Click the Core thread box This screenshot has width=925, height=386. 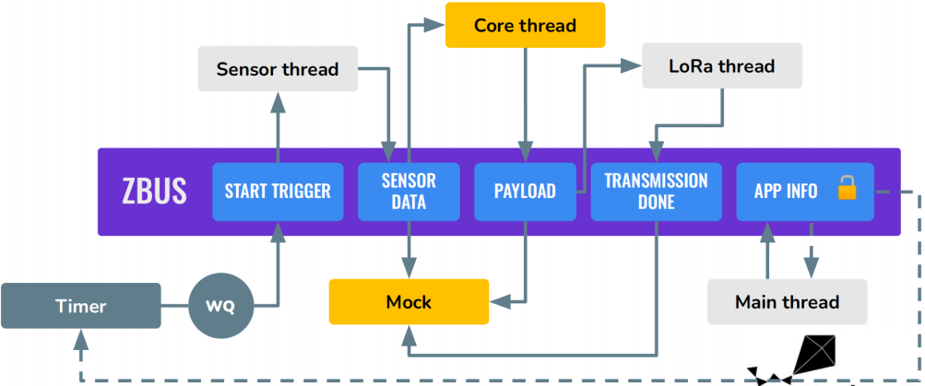(525, 25)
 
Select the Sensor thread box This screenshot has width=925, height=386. (278, 69)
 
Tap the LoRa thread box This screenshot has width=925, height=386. (722, 65)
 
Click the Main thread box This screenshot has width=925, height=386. (788, 302)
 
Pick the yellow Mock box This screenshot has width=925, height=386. (409, 302)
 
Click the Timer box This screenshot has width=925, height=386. (81, 306)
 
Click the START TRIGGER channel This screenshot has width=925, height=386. (278, 192)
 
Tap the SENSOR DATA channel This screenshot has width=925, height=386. (409, 192)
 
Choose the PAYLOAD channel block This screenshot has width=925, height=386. (525, 192)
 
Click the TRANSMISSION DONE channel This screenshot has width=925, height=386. (656, 192)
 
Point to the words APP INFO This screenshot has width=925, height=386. (786, 191)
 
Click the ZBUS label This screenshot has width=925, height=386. (155, 191)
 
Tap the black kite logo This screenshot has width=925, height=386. (793, 359)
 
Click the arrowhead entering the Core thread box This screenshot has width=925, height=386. (435, 25)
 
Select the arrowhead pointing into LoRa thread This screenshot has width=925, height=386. (632, 65)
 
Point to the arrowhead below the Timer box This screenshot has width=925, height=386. (81, 338)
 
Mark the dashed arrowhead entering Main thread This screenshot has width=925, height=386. (812, 269)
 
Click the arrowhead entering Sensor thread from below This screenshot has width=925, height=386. (278, 101)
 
